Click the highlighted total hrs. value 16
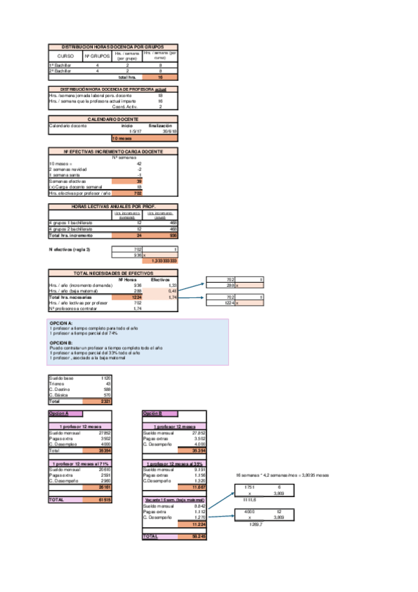click(x=161, y=77)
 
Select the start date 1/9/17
click(x=136, y=131)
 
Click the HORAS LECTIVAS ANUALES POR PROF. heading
click(x=112, y=207)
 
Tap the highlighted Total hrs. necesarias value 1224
click(x=137, y=297)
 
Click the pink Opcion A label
click(x=57, y=414)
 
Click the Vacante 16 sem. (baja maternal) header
click(x=174, y=501)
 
